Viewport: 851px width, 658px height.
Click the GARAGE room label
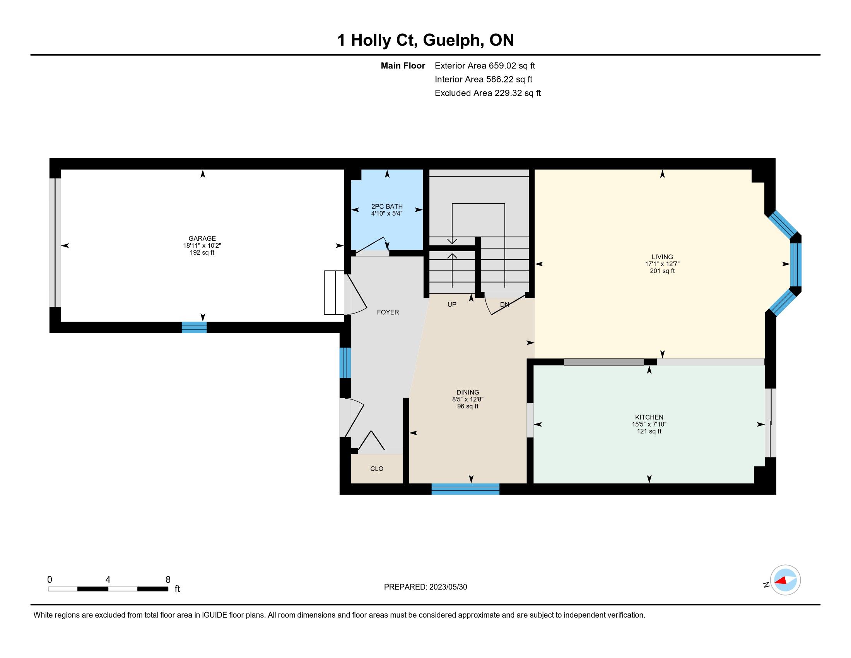click(202, 238)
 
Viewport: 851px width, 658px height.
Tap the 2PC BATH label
click(387, 207)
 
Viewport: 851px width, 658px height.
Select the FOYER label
click(388, 312)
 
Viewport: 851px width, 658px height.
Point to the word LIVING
click(662, 257)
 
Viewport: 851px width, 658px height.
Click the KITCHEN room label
click(649, 417)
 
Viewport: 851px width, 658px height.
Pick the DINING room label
click(468, 392)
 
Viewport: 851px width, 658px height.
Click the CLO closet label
click(377, 469)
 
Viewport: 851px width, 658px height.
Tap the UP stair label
click(451, 305)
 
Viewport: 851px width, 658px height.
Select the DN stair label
click(504, 305)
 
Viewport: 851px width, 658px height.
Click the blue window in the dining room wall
click(465, 489)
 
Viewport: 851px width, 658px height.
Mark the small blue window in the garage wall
click(194, 327)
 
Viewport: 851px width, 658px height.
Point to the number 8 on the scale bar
click(168, 580)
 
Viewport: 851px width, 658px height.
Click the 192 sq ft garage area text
click(202, 253)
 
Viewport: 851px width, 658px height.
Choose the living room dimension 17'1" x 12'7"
click(662, 264)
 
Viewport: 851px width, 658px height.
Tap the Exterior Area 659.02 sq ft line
click(485, 66)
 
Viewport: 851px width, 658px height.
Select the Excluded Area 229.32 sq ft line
click(488, 93)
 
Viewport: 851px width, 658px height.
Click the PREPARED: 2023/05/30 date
click(425, 587)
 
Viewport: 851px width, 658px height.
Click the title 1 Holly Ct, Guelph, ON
click(425, 40)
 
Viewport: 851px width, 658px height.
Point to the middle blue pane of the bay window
click(795, 265)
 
